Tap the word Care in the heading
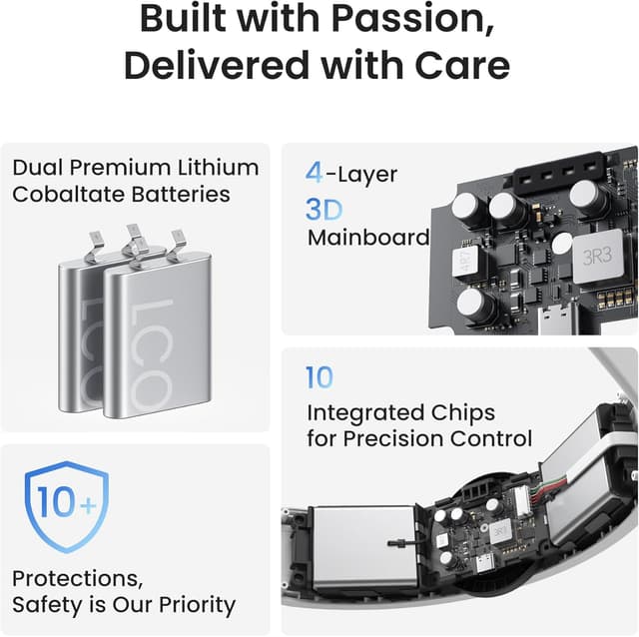[461, 65]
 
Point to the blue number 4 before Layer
[314, 173]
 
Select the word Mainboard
[368, 238]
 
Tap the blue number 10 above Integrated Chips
[319, 377]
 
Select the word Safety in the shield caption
[47, 604]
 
